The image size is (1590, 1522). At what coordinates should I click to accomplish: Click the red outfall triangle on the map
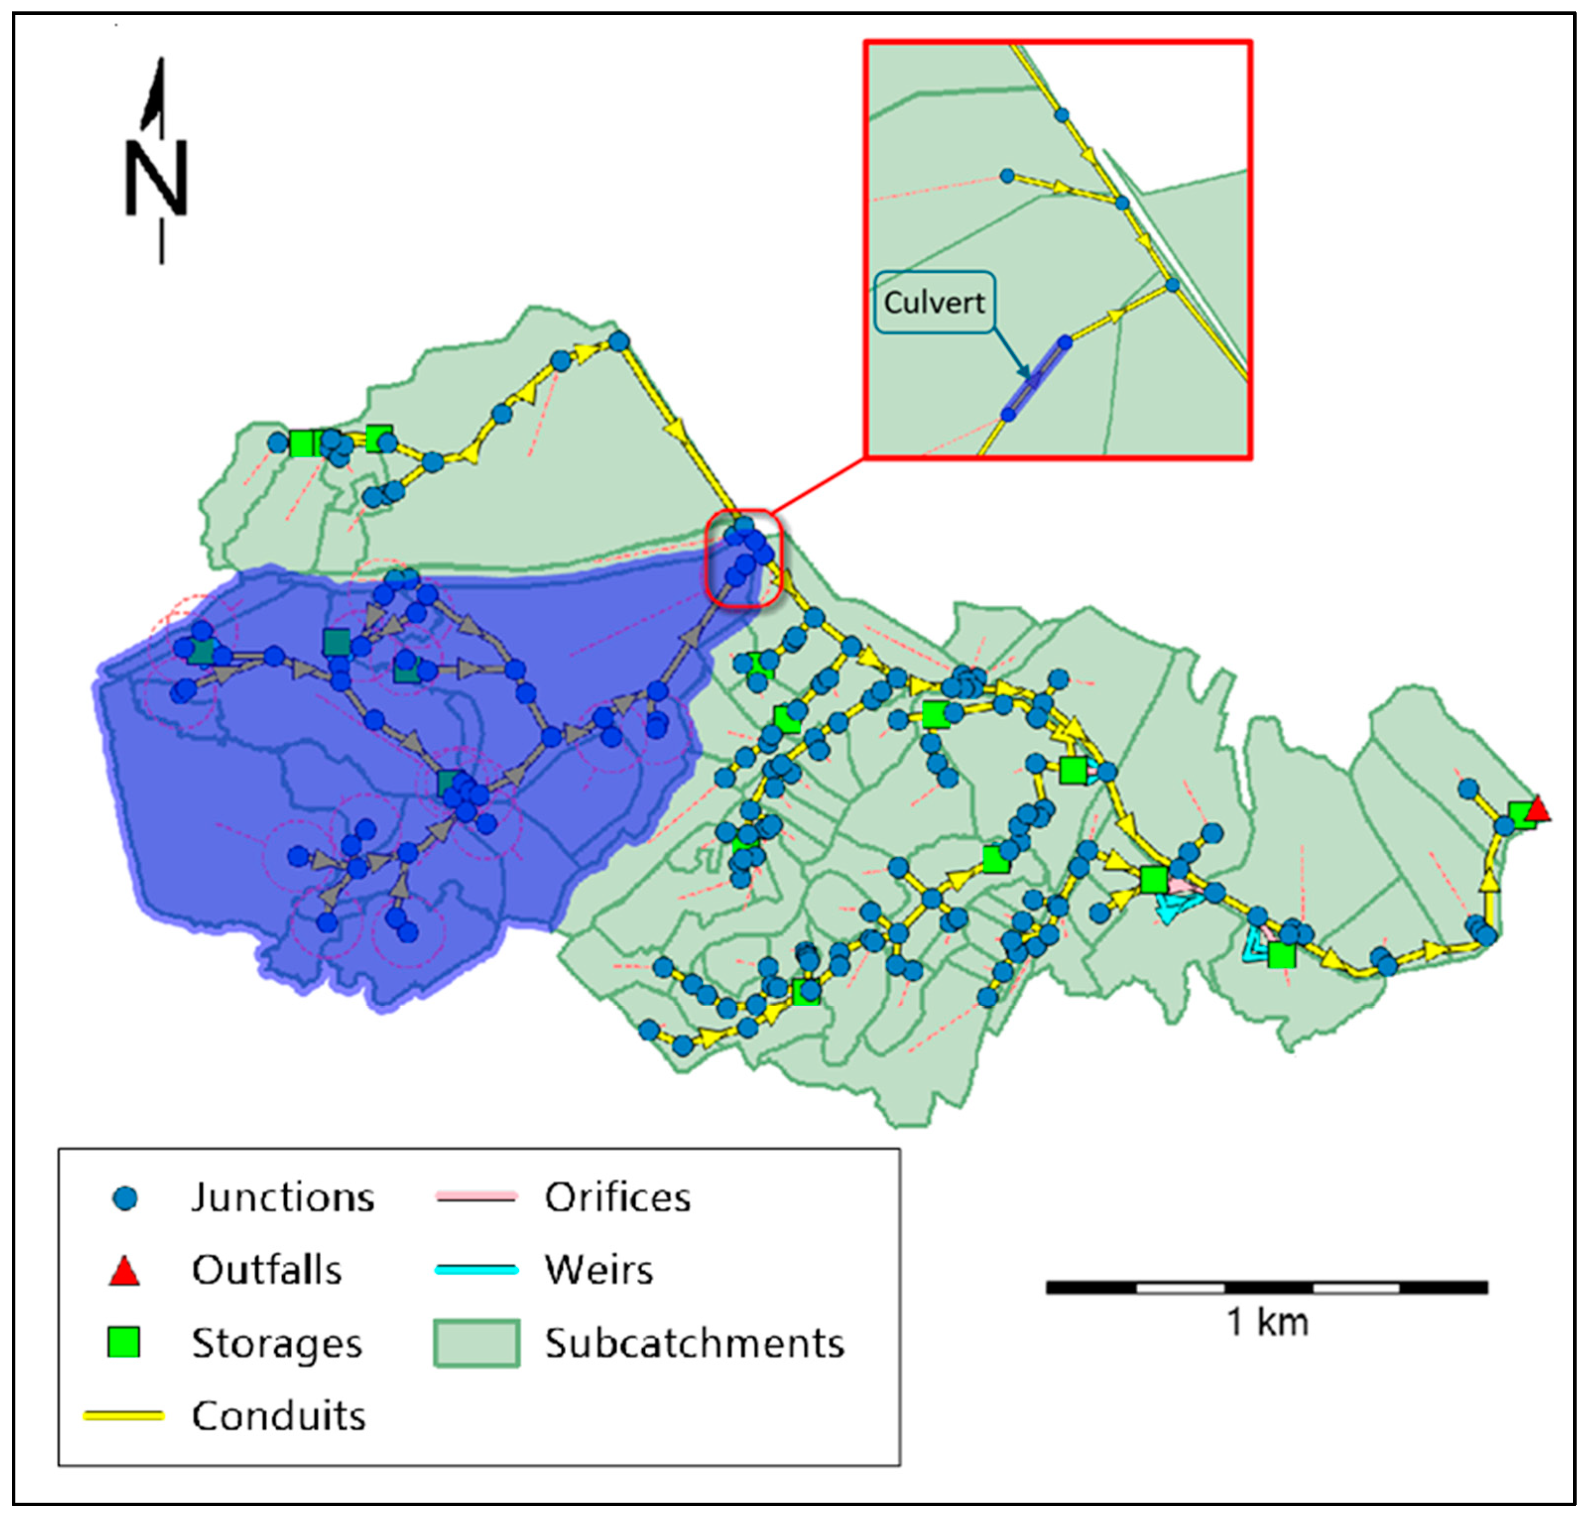click(1537, 810)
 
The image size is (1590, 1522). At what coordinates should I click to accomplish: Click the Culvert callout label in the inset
click(934, 303)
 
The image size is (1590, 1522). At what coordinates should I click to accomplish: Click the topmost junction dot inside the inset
click(1062, 115)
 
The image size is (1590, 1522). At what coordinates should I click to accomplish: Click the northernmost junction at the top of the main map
click(619, 342)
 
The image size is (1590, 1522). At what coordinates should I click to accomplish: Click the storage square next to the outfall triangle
click(1520, 814)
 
